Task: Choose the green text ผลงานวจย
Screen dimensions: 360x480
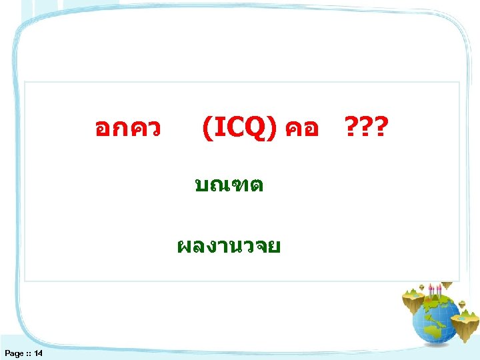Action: pos(229,246)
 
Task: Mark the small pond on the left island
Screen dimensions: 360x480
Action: pos(412,295)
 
